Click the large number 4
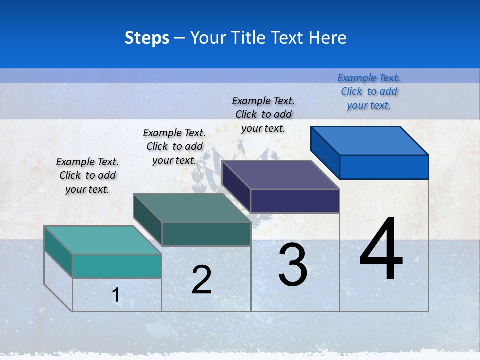tap(381, 250)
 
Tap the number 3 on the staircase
tap(293, 264)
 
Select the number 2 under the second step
tap(201, 280)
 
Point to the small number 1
tap(116, 295)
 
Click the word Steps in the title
tap(147, 38)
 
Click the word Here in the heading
tap(328, 38)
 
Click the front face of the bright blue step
tap(384, 167)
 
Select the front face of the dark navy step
tap(295, 201)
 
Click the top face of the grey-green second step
tap(192, 208)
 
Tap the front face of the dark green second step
tap(206, 234)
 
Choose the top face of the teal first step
tap(103, 240)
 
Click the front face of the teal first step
tap(117, 266)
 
